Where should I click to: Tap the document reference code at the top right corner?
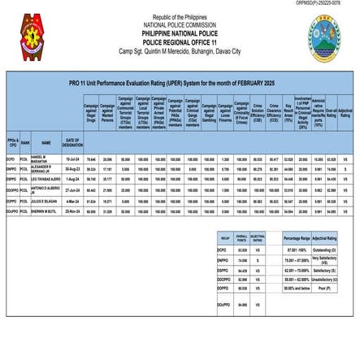(330, 4)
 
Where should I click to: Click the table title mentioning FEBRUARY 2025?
(180, 84)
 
